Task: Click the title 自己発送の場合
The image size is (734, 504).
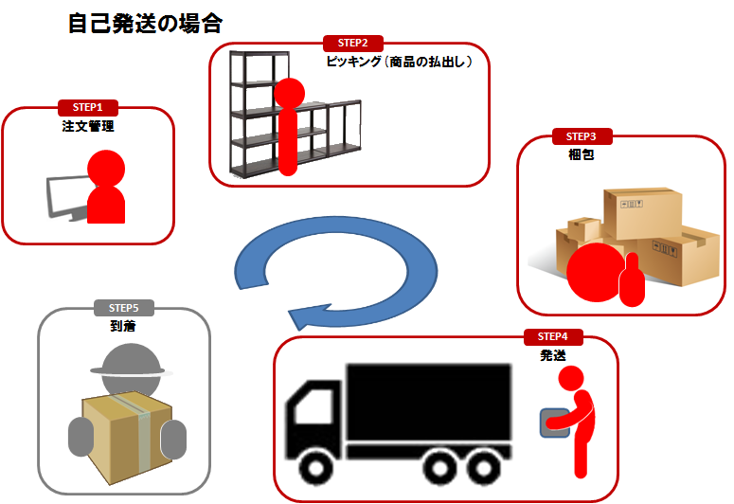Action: point(145,23)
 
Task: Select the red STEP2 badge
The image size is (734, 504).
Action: point(352,43)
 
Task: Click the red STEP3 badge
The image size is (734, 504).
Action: point(581,136)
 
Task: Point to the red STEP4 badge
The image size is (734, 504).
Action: point(552,336)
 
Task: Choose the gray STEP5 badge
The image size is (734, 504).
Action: point(123,308)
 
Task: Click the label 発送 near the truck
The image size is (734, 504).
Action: point(553,355)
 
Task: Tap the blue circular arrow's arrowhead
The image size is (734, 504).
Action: point(305,315)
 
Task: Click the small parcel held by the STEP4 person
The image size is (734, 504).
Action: point(552,422)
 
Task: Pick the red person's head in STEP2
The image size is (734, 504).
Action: point(289,93)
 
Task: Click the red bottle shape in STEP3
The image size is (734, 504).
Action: point(630,281)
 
